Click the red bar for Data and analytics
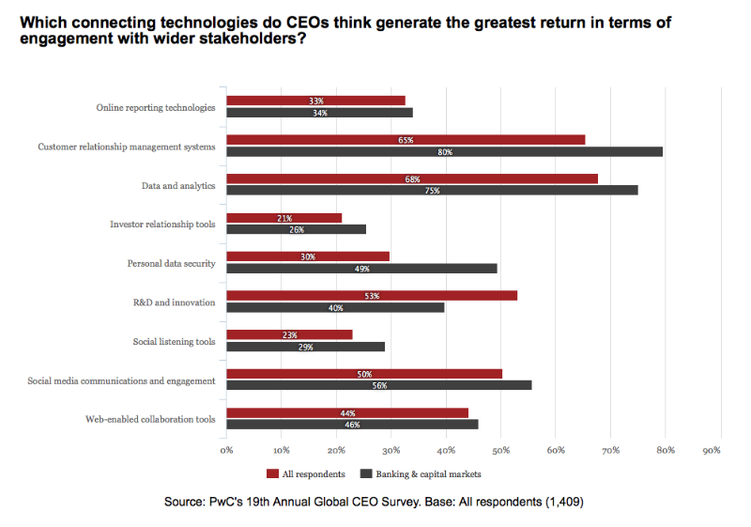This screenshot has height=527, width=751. pos(412,178)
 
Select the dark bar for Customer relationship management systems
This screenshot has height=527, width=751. pos(445,151)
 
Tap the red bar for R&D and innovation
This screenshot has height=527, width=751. pos(372,295)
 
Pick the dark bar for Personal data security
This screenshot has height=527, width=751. pos(361,268)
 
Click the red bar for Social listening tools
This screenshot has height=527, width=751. pos(289,334)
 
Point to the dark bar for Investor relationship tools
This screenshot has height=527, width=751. pos(296,229)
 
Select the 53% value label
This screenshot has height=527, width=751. pos(371,295)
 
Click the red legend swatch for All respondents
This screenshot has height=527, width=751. pos(273,474)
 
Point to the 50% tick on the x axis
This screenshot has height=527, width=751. pos(500,451)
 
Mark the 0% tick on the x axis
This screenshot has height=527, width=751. pos(226,451)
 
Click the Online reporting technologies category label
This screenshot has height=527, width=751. pos(156,107)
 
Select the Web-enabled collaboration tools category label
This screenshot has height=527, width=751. pos(150,418)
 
